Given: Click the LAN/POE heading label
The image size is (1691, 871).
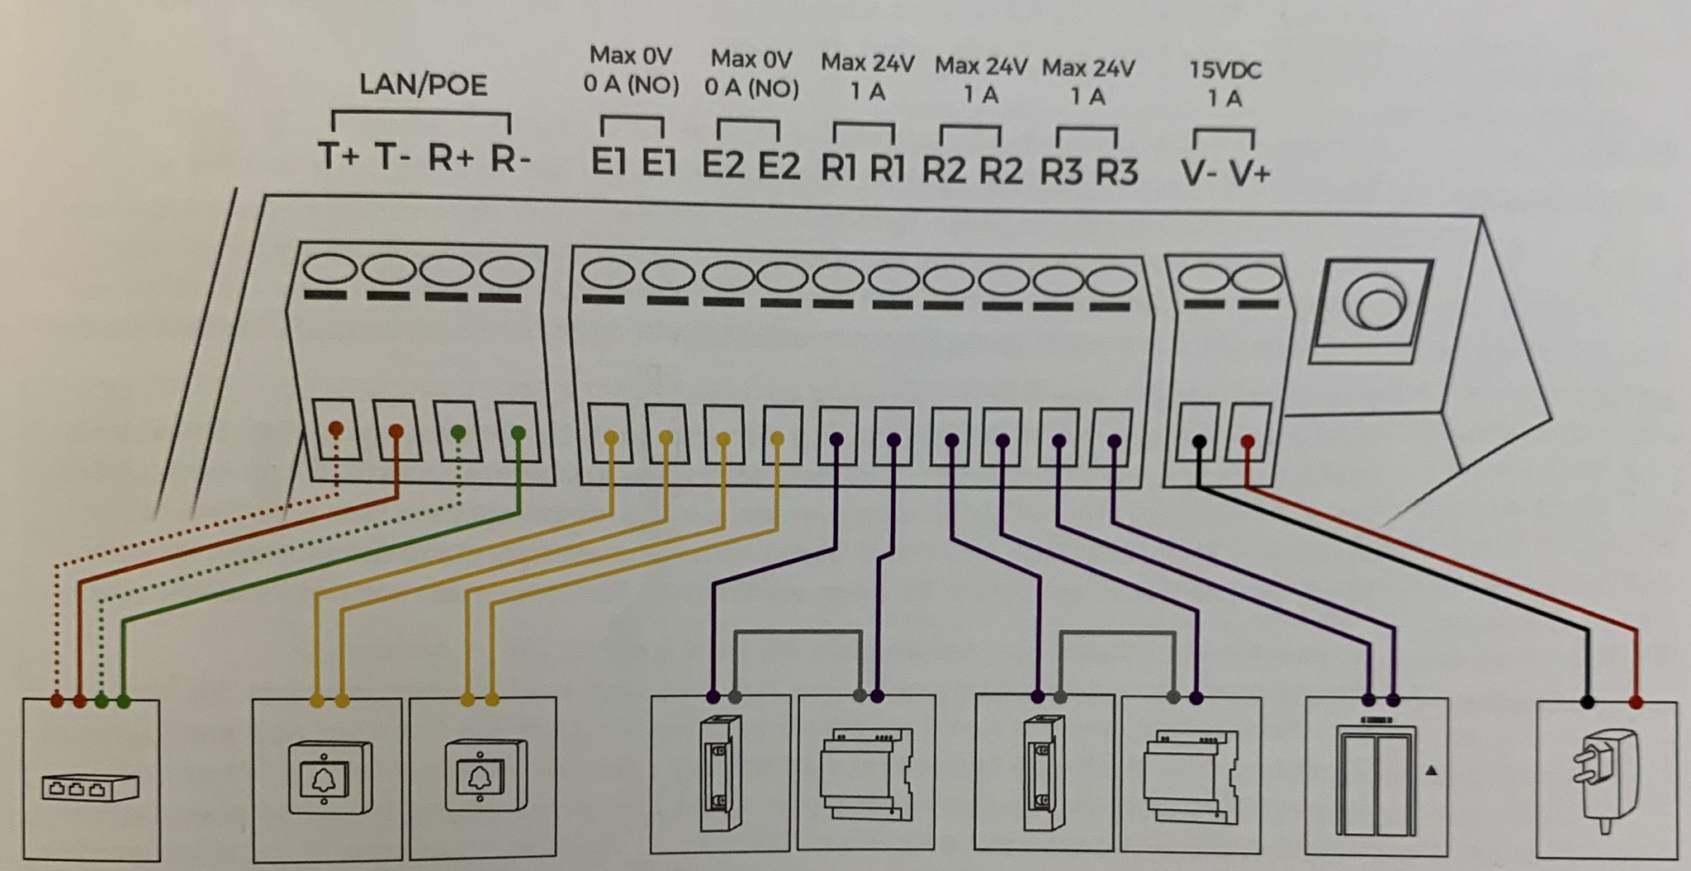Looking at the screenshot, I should click(423, 85).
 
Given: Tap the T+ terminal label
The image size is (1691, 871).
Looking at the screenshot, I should click(339, 156).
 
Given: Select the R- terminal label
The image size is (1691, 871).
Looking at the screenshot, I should click(509, 159).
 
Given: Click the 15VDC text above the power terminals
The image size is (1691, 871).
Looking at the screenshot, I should click(1224, 70).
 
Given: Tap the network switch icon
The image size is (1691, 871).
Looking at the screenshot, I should click(90, 788).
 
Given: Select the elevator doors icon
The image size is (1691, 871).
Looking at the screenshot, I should click(1375, 780).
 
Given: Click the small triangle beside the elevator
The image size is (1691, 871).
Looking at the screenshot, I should click(1431, 770).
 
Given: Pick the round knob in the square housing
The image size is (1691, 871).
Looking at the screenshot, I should click(1373, 307).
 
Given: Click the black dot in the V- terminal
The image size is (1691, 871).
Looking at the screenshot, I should click(1200, 442).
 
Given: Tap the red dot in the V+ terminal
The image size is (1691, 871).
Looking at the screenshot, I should click(1247, 443).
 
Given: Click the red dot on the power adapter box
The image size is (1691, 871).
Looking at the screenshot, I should click(1636, 703).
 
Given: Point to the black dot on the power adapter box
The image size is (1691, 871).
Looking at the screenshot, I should click(1586, 703).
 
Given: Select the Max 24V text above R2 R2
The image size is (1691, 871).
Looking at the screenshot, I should click(980, 66).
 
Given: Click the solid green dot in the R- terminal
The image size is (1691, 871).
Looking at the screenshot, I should click(518, 432).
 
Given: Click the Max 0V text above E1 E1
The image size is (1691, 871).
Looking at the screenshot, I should click(631, 56).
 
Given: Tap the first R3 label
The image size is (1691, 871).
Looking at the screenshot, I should click(1060, 172).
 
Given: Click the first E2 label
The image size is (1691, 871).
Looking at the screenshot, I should click(722, 165).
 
